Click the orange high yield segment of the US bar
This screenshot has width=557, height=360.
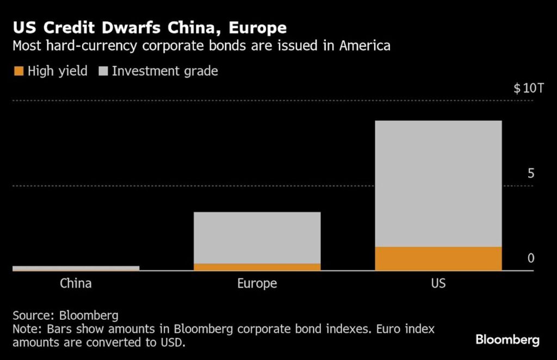[x=438, y=258]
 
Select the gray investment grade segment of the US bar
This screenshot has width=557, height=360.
[x=438, y=183]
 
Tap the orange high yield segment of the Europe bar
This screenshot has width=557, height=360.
[x=257, y=266]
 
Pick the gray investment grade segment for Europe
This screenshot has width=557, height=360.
[x=257, y=238]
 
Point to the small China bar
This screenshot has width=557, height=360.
[x=76, y=268]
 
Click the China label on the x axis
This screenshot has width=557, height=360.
[x=76, y=283]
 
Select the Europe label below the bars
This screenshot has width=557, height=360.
[x=257, y=283]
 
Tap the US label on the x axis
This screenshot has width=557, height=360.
[x=438, y=283]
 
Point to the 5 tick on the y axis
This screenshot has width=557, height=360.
[x=531, y=173]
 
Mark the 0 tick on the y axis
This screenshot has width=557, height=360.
[x=531, y=258]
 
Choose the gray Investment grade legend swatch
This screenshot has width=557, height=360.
[x=103, y=71]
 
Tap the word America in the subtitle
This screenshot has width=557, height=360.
[x=365, y=46]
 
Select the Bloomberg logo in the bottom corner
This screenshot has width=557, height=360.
[x=507, y=340]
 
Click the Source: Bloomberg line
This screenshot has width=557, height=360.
[x=65, y=315]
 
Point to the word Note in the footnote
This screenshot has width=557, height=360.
[x=25, y=330]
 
